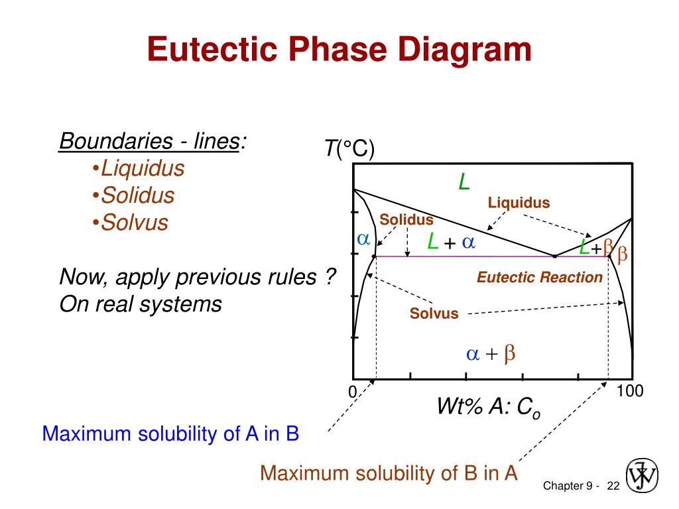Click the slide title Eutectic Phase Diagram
(x=339, y=50)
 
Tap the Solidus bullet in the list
(x=137, y=196)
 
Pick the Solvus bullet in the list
(x=133, y=223)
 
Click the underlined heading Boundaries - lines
(x=149, y=141)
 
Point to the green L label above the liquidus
(x=465, y=181)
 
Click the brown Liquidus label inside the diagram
(x=519, y=203)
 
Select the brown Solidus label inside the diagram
(x=406, y=220)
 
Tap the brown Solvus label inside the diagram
(x=434, y=313)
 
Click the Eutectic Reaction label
(x=540, y=277)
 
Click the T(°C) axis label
(x=349, y=149)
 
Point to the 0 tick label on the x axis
(x=353, y=392)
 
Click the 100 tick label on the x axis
(x=630, y=391)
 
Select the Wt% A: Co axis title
(x=489, y=406)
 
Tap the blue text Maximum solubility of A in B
(x=170, y=434)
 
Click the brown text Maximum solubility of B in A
(x=389, y=473)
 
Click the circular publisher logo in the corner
(x=642, y=475)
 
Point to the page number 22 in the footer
(x=612, y=486)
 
